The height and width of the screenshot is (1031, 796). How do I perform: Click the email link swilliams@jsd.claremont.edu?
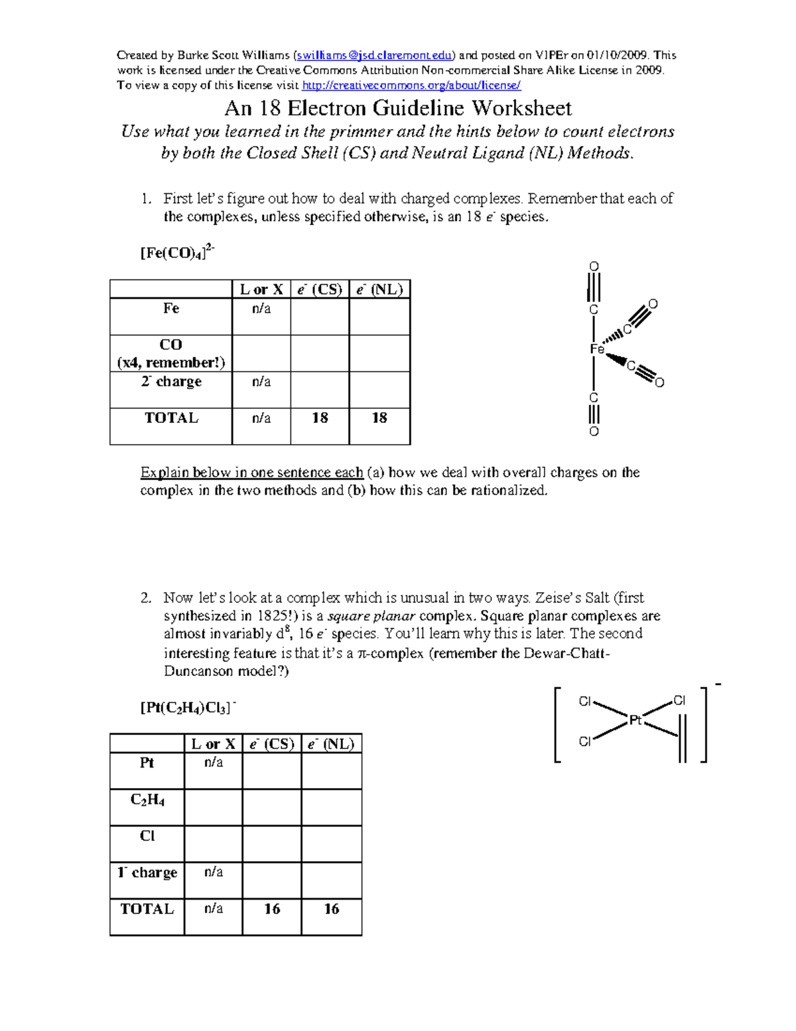(375, 55)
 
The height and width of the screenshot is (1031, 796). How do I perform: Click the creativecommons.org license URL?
(411, 85)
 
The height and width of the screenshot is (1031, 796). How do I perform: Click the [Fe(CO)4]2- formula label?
(176, 253)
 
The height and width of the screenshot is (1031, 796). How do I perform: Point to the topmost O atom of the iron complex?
(594, 267)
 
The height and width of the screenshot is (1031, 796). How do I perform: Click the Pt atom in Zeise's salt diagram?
(635, 720)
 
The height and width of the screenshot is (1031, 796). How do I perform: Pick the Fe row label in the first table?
(171, 309)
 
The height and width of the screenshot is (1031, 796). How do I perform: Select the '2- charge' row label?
(171, 382)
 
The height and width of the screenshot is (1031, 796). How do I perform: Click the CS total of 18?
(320, 418)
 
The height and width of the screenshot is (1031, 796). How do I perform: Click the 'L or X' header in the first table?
(261, 289)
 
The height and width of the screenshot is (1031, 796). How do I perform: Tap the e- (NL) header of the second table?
(331, 744)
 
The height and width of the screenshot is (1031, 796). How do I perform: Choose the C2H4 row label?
(147, 800)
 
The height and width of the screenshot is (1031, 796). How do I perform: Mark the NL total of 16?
(331, 909)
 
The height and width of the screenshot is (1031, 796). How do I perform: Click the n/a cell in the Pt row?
(214, 763)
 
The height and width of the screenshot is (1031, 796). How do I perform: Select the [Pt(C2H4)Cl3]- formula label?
(188, 708)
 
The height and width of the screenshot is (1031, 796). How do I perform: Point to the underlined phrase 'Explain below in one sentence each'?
(251, 473)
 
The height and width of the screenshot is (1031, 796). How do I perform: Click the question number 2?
(146, 598)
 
